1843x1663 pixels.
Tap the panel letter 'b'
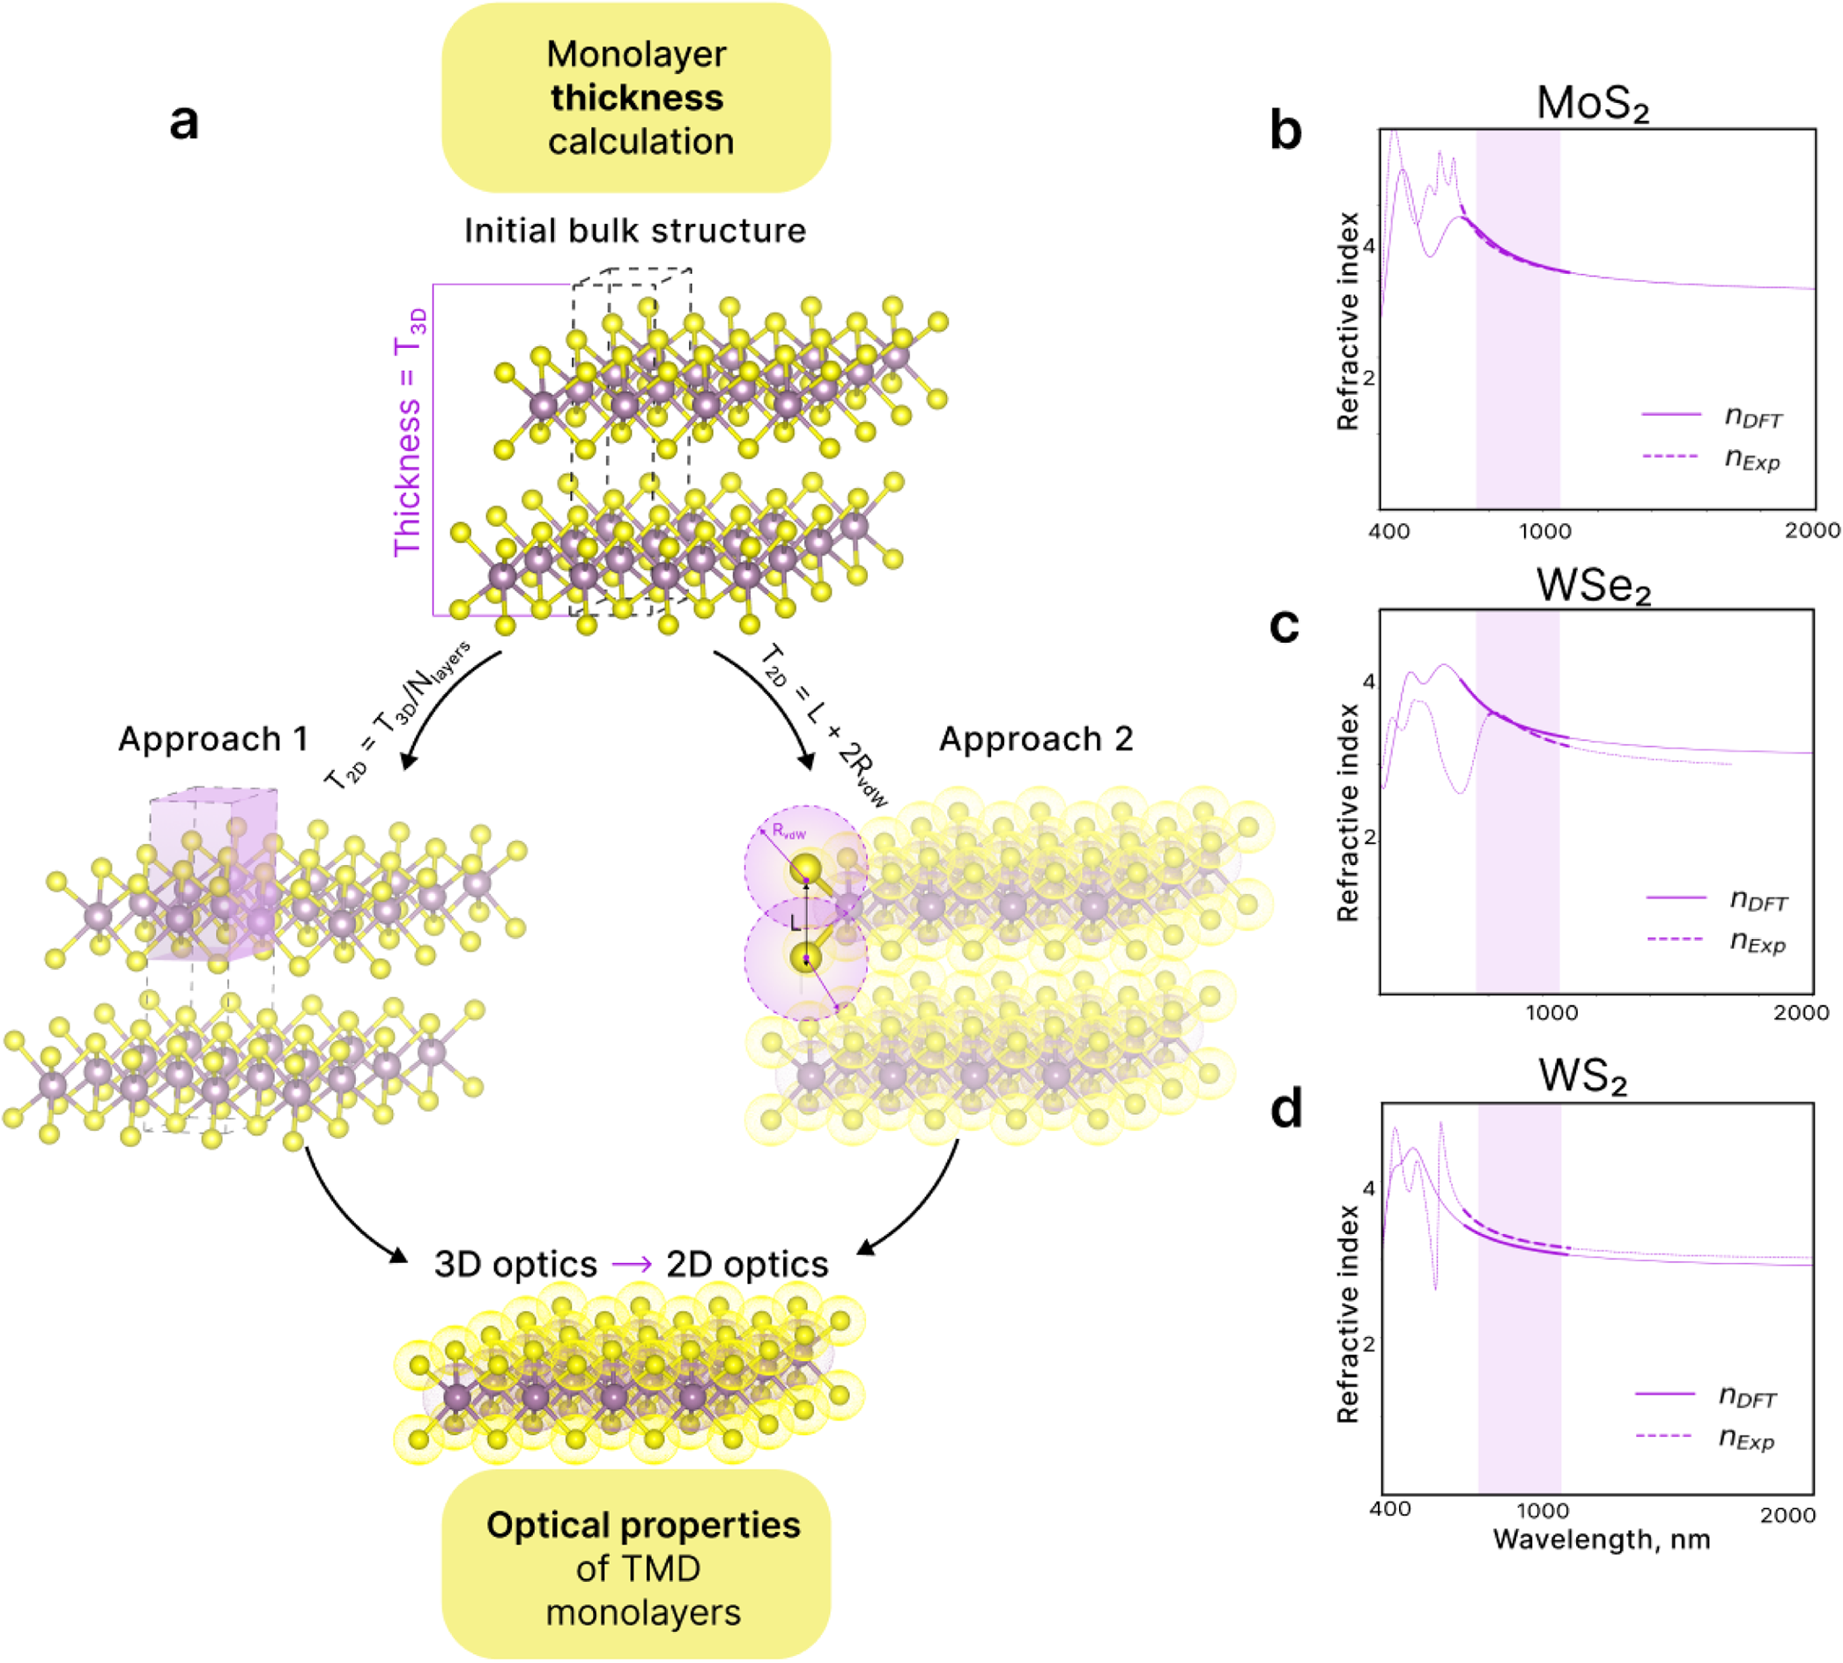(x=1284, y=131)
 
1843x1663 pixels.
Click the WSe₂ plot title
(x=1594, y=587)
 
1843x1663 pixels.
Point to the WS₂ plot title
(x=1582, y=1076)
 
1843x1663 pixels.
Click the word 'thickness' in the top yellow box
(x=637, y=98)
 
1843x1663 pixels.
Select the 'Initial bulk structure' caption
(x=635, y=230)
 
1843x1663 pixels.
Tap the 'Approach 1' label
(x=213, y=738)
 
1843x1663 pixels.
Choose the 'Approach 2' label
(x=1036, y=738)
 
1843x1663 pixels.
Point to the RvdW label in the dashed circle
(x=789, y=831)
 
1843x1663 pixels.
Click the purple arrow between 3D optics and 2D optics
(x=632, y=1265)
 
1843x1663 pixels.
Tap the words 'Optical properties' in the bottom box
(x=643, y=1525)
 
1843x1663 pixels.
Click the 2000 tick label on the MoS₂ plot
(x=1812, y=531)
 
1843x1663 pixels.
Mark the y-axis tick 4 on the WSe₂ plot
(x=1368, y=682)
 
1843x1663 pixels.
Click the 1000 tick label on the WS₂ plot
(x=1543, y=1511)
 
